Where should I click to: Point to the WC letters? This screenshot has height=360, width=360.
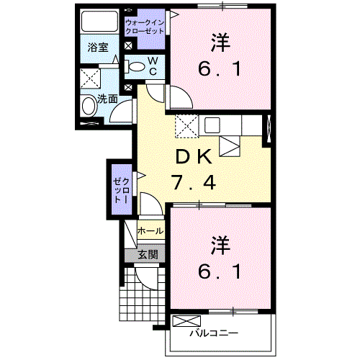pos(153,66)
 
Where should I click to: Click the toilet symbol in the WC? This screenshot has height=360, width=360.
pos(136,67)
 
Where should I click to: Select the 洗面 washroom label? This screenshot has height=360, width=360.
pos(107,99)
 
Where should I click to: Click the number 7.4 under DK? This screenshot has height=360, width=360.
pos(194,183)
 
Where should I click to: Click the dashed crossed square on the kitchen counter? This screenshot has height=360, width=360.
pos(185,125)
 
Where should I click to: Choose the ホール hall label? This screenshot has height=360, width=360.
pos(149,231)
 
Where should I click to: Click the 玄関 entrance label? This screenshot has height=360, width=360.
pos(148,254)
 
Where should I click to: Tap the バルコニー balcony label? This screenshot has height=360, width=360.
pos(214,333)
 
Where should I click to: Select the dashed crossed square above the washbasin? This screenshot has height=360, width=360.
pos(91,78)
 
